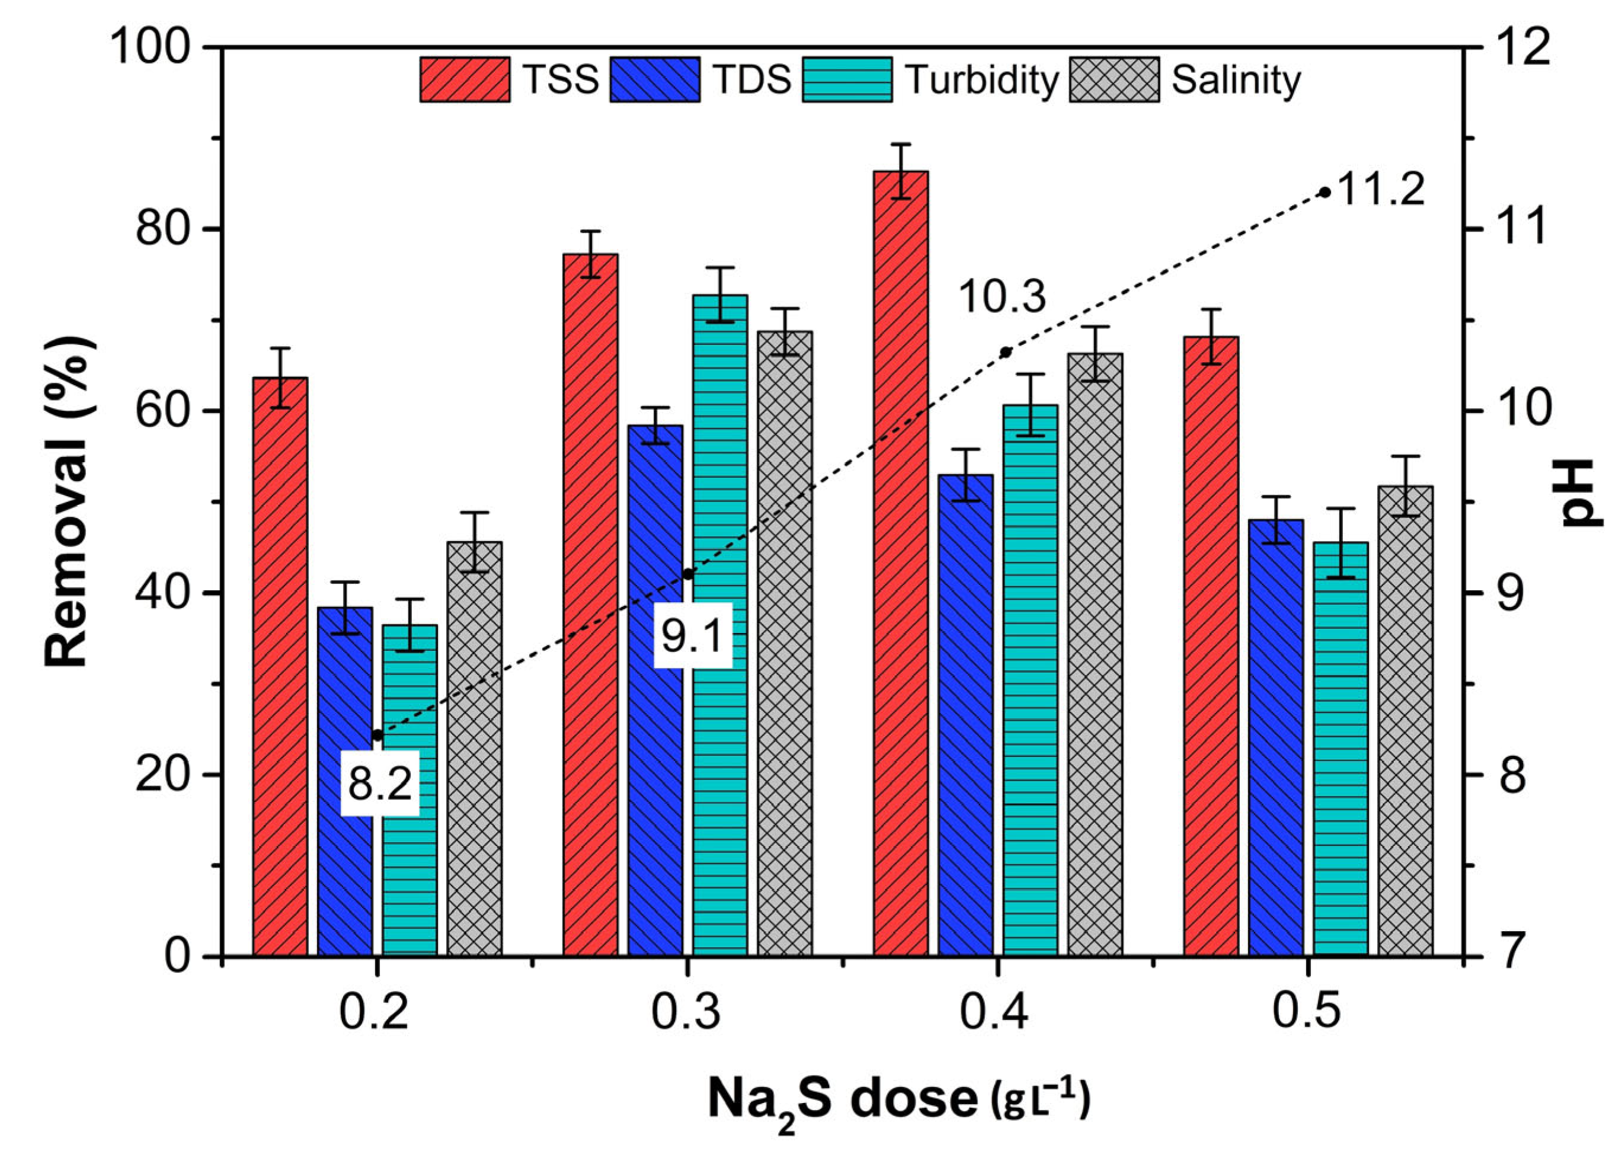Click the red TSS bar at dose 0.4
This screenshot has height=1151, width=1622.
(901, 564)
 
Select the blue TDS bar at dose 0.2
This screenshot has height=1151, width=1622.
(345, 782)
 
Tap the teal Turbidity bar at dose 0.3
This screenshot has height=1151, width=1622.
(720, 625)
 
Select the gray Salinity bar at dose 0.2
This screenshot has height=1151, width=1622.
(475, 749)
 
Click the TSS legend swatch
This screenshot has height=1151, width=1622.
(465, 79)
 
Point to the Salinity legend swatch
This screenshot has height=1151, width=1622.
(1115, 79)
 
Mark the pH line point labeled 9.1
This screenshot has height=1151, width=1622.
(687, 573)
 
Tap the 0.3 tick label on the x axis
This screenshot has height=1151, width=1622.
(686, 1012)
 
